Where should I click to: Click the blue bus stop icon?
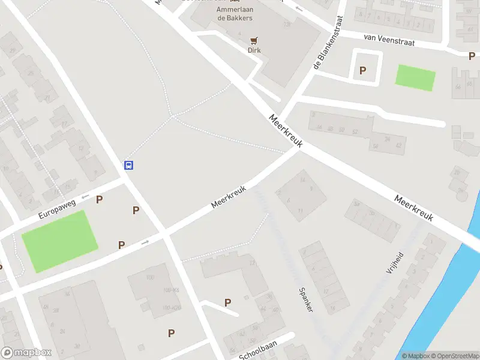pyautogui.click(x=128, y=165)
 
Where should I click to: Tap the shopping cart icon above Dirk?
pyautogui.click(x=254, y=41)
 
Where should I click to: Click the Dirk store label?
pyautogui.click(x=254, y=50)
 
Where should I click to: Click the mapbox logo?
pyautogui.click(x=26, y=353)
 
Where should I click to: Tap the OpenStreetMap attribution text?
pyautogui.click(x=454, y=356)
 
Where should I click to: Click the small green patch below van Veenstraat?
pyautogui.click(x=415, y=77)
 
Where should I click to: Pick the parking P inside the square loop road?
pyautogui.click(x=362, y=70)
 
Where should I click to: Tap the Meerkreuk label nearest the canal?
pyautogui.click(x=413, y=208)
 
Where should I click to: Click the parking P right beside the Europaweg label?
pyautogui.click(x=100, y=199)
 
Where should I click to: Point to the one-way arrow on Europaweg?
pyautogui.click(x=85, y=196)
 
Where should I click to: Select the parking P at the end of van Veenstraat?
pyautogui.click(x=472, y=56)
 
